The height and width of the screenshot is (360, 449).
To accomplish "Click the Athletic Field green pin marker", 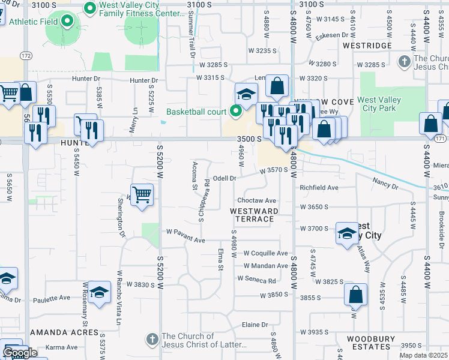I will (67, 22).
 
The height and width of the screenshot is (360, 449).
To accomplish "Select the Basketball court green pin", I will (235, 111).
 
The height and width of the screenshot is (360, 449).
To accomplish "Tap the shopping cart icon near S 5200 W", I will (142, 194).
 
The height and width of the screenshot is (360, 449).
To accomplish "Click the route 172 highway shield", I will (25, 55).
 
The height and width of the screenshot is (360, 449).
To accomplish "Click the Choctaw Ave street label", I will (256, 200).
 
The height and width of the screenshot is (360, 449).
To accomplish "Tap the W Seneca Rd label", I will (256, 280).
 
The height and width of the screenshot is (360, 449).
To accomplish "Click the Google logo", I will (20, 353).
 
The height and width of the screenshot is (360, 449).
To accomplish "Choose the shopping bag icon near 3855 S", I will (355, 295).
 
